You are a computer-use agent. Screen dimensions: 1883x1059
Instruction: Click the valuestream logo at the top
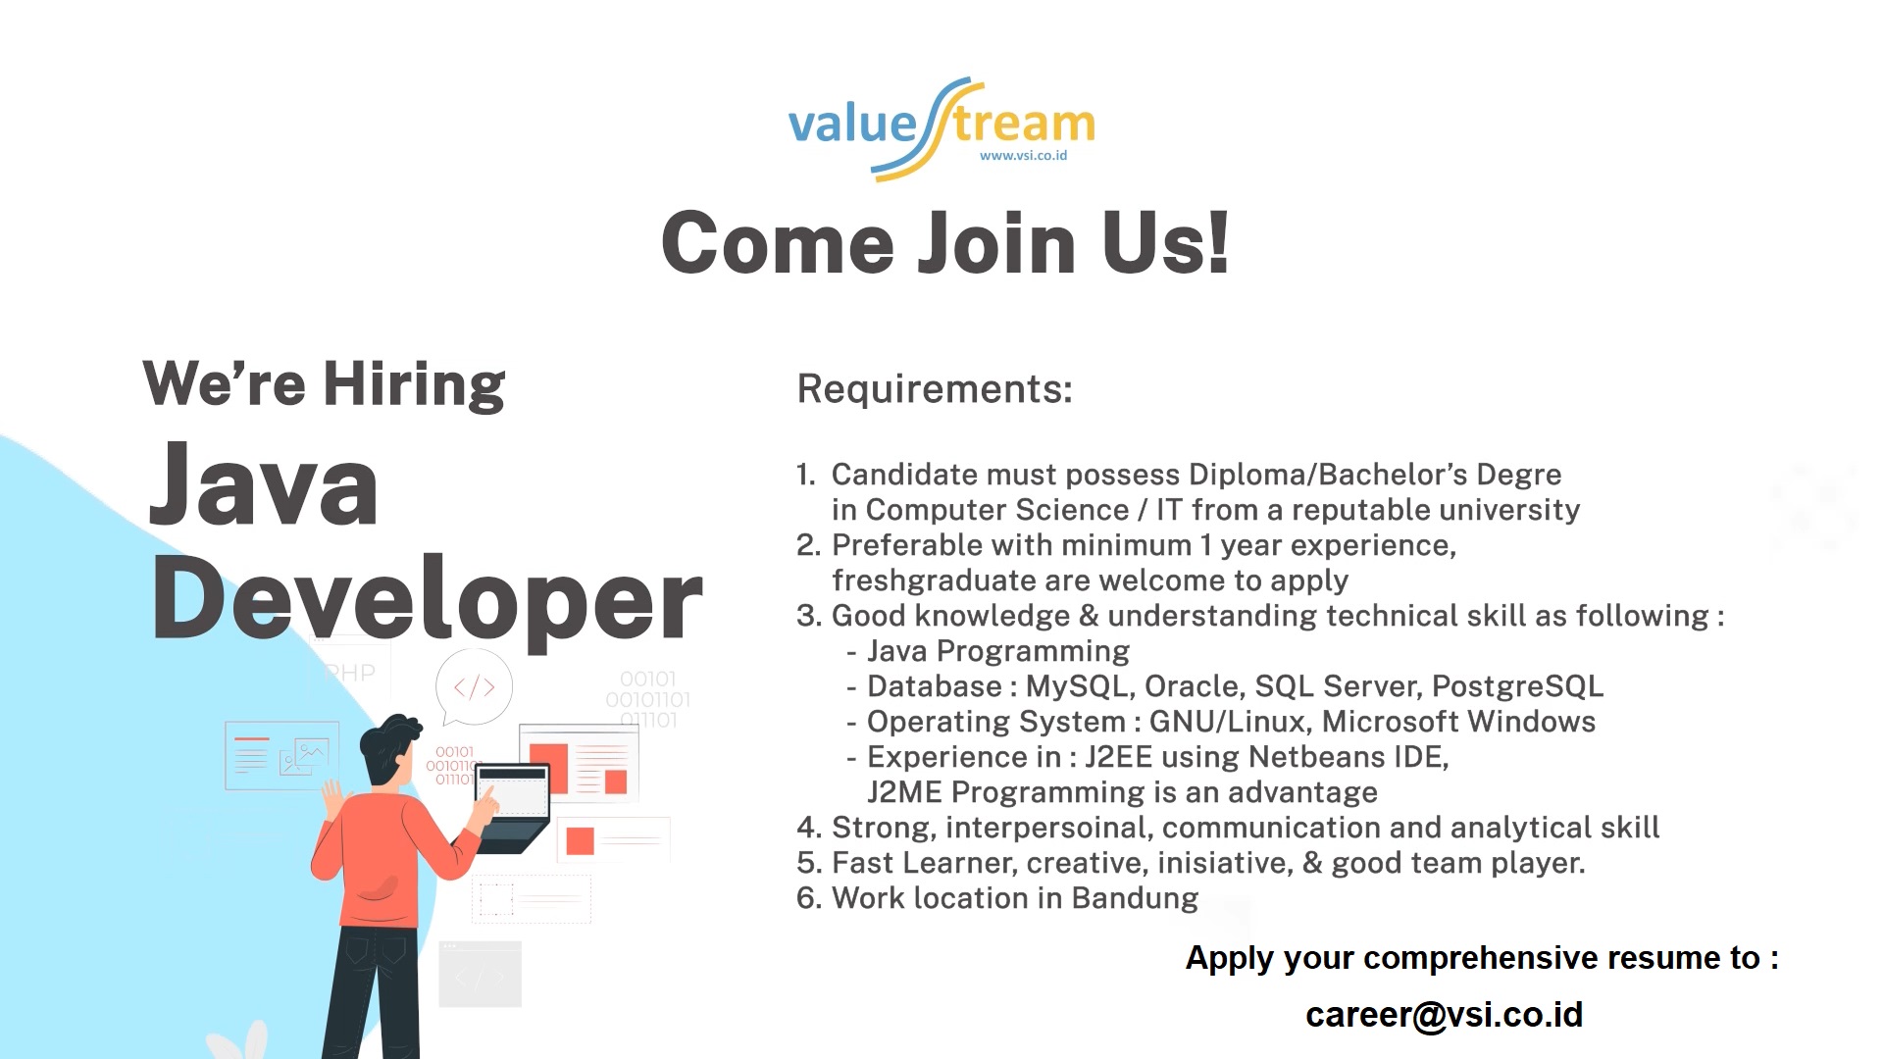click(941, 128)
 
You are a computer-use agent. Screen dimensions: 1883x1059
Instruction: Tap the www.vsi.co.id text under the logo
click(1023, 155)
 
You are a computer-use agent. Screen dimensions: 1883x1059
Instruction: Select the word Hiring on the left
click(414, 384)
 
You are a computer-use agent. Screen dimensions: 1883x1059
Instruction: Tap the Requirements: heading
click(935, 389)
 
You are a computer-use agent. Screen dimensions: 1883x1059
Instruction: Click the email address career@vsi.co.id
click(1444, 1015)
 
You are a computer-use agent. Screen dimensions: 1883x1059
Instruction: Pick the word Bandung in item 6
click(1135, 898)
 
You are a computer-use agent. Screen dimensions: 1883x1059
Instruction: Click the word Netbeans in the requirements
click(1317, 757)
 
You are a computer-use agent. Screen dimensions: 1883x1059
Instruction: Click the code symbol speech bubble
click(474, 688)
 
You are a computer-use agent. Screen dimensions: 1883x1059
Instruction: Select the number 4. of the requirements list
click(809, 828)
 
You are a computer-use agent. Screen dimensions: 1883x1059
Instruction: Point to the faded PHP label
click(350, 674)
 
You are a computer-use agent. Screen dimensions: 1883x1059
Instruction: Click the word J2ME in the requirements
click(904, 792)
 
